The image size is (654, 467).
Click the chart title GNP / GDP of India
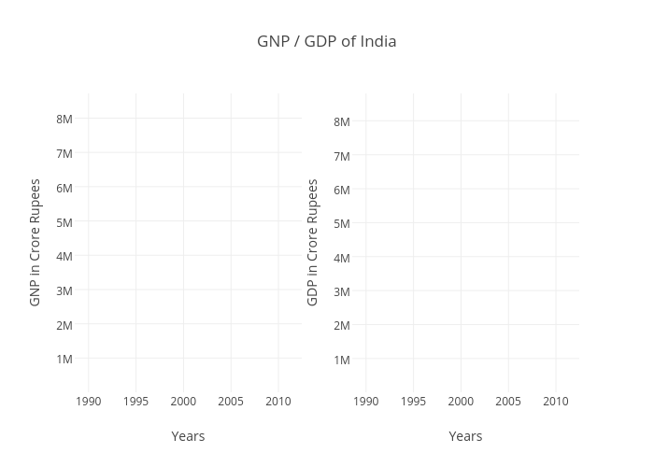(326, 41)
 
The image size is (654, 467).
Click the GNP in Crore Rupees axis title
(36, 242)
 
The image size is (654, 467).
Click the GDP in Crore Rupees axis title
(313, 242)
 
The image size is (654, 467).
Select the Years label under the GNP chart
(188, 436)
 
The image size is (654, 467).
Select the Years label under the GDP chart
(465, 436)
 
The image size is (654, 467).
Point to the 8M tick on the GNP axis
(64, 119)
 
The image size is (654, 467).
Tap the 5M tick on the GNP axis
(64, 222)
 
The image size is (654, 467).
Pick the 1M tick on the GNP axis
(64, 359)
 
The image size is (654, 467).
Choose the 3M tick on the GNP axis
(64, 290)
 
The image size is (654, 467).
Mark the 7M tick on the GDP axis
(342, 156)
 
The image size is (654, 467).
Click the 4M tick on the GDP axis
(342, 258)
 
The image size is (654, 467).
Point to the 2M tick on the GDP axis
(342, 325)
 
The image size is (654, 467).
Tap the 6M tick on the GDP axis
(342, 190)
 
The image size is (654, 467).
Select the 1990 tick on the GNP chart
(88, 402)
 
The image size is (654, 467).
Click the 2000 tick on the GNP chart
(183, 402)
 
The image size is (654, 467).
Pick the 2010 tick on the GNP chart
(277, 402)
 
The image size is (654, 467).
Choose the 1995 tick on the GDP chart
(413, 402)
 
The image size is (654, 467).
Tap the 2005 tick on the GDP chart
(508, 402)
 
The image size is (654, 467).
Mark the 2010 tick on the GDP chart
(555, 402)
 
